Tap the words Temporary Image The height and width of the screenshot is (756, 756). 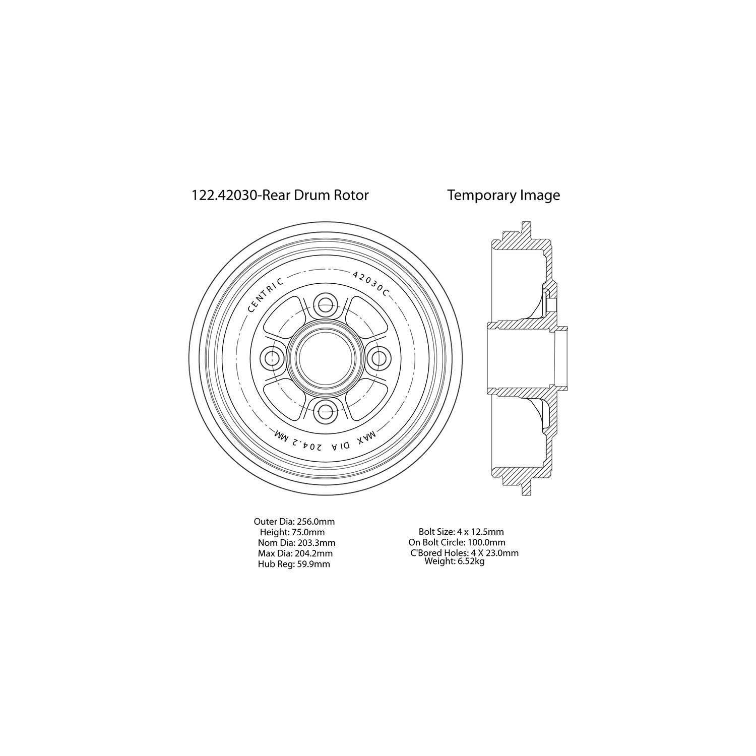tap(503, 196)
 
